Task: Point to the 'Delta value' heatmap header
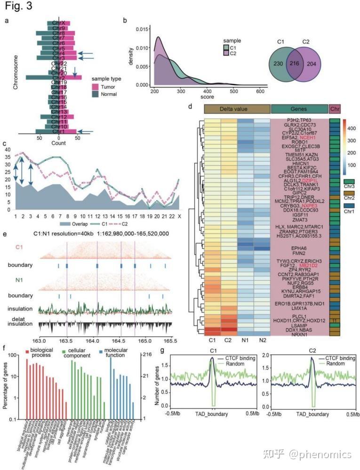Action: (x=237, y=109)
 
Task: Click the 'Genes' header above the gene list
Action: (x=300, y=109)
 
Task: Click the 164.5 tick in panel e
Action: (x=121, y=340)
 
